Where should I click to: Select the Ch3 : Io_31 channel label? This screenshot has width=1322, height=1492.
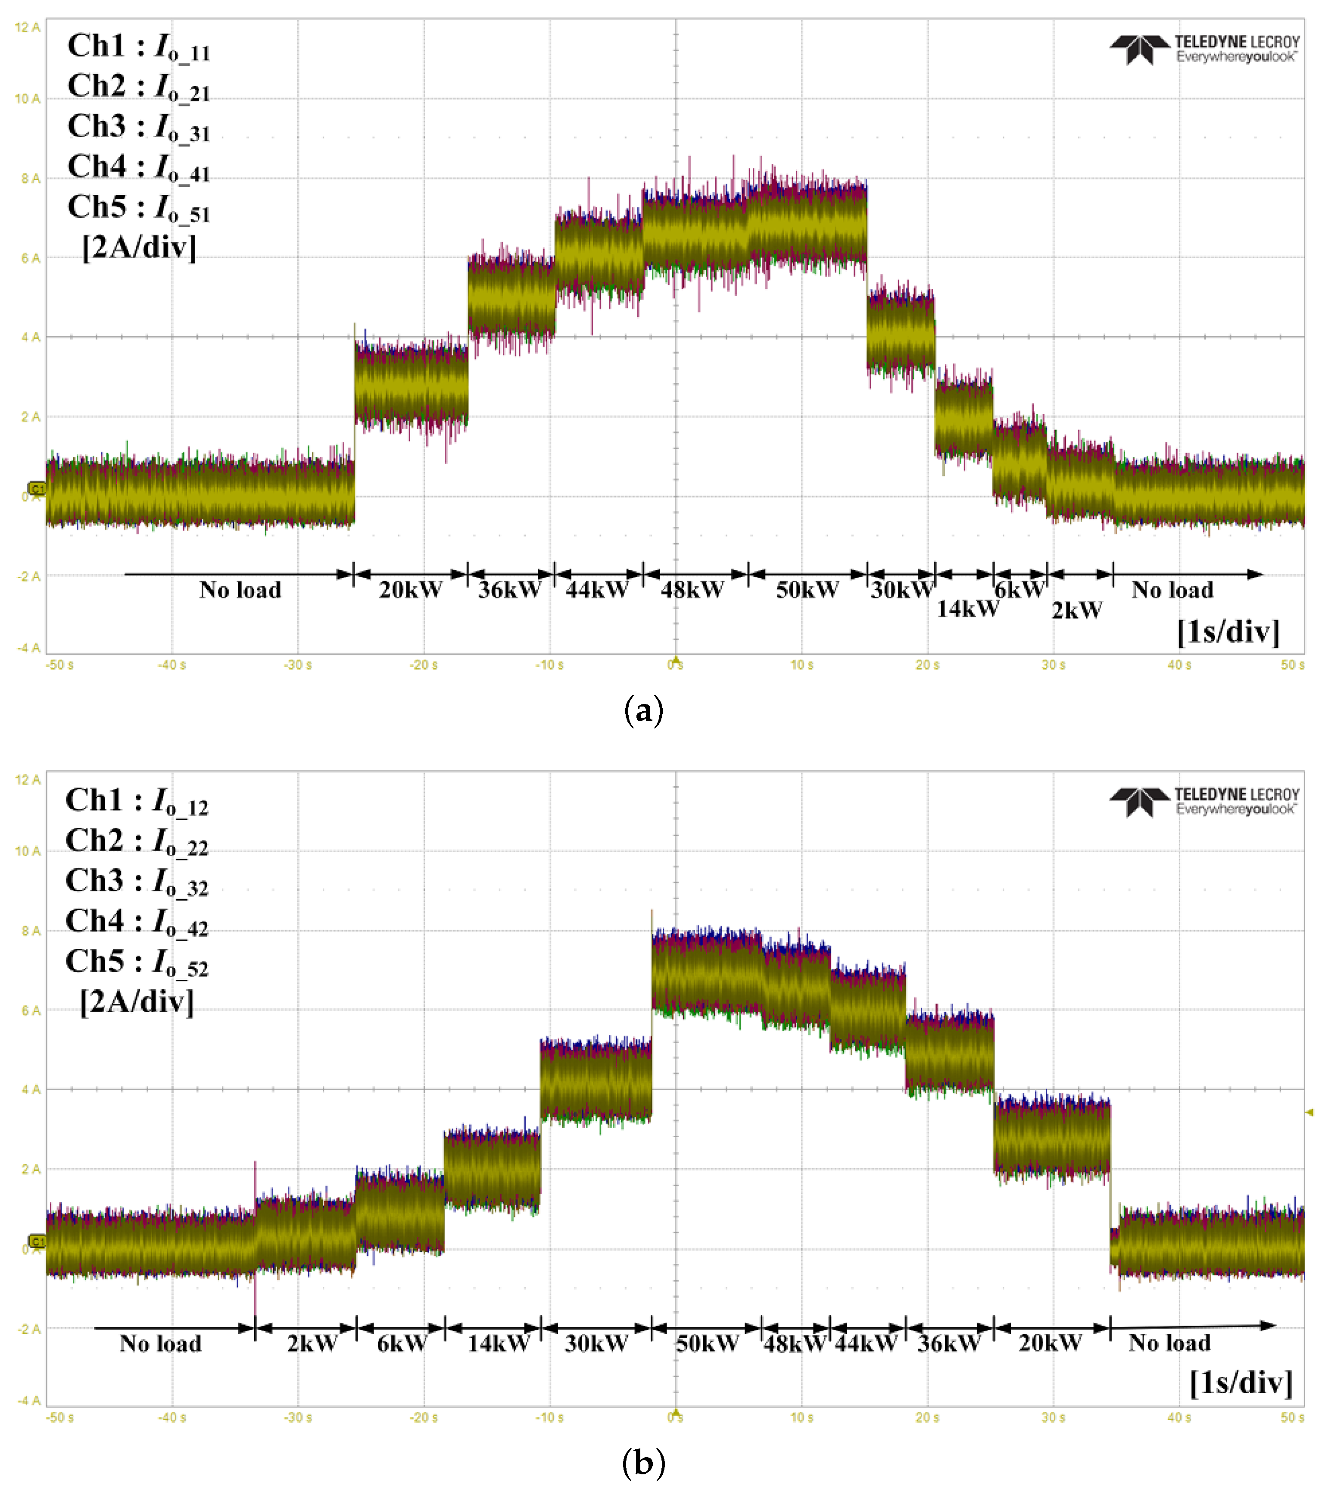139,127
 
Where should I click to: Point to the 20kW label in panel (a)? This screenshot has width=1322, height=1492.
410,590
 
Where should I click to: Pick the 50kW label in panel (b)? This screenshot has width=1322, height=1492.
707,1343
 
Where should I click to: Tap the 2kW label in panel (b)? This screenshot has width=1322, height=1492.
312,1343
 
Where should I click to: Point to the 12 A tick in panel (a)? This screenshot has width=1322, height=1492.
28,28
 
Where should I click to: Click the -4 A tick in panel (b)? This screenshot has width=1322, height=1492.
28,1400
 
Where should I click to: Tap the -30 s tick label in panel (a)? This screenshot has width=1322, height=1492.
298,665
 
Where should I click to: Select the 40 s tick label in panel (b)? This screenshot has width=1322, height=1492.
1179,1417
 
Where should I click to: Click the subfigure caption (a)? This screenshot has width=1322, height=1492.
643,710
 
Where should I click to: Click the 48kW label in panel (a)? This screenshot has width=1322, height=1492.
692,590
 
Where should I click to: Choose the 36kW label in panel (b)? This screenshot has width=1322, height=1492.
948,1343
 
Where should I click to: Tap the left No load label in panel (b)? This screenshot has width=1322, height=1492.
160,1343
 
